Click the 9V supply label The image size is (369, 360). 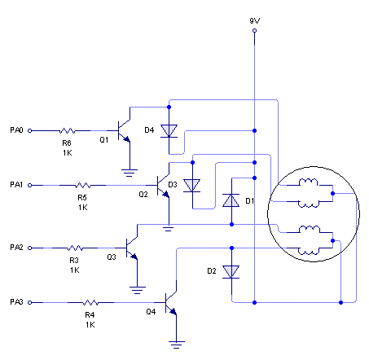(255, 21)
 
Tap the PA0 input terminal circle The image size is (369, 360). (30, 131)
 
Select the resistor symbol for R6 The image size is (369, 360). (68, 131)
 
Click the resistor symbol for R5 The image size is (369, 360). (83, 186)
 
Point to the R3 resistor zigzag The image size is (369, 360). (75, 248)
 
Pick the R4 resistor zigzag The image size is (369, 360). (90, 302)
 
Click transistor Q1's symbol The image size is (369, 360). (124, 131)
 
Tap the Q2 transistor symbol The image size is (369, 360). (163, 186)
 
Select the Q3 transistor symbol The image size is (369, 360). (132, 248)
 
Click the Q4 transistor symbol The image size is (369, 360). (171, 303)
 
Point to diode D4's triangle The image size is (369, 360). (169, 131)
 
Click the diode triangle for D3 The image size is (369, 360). (192, 186)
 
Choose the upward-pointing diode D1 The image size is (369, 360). (231, 200)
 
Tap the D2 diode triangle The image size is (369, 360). (231, 272)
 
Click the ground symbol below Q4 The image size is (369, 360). (177, 345)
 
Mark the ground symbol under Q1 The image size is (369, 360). (130, 173)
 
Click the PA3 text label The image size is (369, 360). (16, 302)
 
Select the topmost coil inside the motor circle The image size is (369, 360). (308, 182)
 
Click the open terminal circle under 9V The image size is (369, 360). (254, 31)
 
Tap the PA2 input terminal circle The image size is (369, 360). (30, 248)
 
